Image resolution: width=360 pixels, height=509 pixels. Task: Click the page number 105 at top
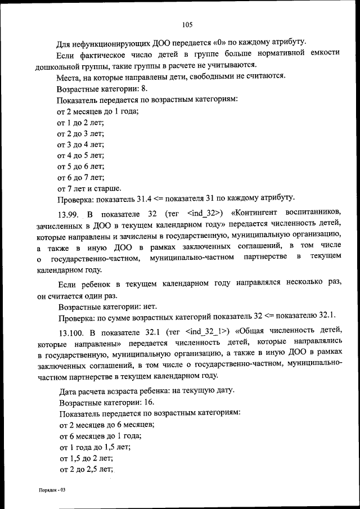[188, 24]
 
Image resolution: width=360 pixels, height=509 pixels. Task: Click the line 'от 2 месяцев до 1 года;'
[98, 111]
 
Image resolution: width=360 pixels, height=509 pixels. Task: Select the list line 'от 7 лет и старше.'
[89, 188]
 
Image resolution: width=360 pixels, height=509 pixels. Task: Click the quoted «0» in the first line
[220, 43]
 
